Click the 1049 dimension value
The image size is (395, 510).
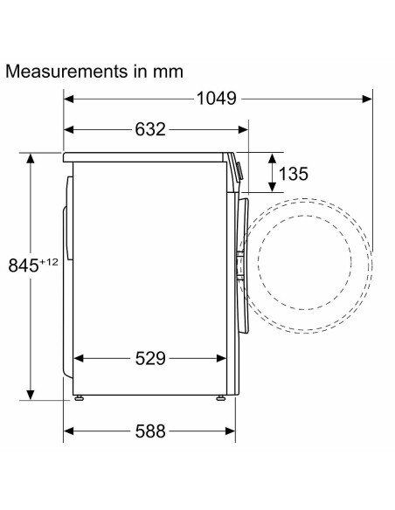coord(217,98)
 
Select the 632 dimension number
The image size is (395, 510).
coord(150,129)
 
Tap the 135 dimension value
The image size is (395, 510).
coord(294,174)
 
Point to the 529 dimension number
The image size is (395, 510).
coord(150,358)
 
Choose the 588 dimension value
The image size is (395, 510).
coord(150,431)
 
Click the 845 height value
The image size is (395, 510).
coord(24,265)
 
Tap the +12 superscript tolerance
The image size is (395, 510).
coord(49,262)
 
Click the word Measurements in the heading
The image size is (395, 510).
coord(66,72)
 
